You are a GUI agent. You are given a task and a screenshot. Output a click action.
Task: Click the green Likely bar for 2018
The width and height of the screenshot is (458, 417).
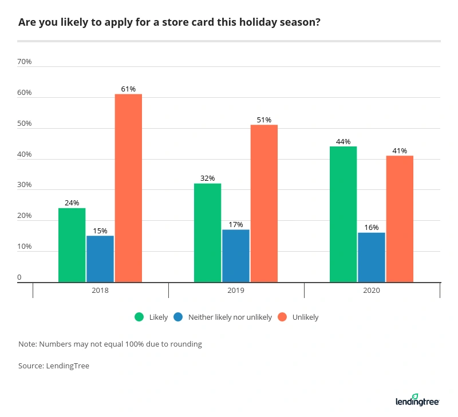72,245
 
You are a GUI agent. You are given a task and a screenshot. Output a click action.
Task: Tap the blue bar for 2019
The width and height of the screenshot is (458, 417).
236,256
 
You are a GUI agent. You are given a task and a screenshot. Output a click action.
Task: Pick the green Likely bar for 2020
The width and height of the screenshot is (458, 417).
343,214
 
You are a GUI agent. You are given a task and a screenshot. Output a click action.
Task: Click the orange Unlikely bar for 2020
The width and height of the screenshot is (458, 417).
400,219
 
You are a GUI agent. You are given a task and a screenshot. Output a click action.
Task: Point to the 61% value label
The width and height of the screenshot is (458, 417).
128,89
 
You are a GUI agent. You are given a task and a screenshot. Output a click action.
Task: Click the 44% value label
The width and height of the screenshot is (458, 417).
343,141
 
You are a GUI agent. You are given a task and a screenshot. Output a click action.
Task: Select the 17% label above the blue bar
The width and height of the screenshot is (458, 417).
236,224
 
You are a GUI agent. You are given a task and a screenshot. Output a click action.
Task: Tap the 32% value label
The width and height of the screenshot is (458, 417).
207,178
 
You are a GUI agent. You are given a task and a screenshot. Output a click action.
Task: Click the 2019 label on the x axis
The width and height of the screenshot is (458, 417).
236,291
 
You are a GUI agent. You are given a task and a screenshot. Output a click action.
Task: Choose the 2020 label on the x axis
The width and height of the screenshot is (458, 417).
372,291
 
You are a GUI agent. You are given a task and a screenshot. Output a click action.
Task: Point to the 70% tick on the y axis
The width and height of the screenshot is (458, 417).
25,62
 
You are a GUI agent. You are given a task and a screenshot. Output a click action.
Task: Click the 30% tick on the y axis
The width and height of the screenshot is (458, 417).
25,185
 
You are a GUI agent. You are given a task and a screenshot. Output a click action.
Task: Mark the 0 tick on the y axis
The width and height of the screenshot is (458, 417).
19,278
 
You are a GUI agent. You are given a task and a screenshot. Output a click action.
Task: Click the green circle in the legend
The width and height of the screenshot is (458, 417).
139,317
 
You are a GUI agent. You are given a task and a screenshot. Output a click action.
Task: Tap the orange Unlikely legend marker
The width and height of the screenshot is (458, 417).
281,317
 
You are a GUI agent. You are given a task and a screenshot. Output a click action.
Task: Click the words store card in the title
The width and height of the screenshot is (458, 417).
172,23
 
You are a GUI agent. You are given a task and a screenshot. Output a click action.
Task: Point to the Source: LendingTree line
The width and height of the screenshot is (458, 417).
54,366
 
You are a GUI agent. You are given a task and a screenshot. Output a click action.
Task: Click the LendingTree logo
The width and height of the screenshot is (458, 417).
417,400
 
